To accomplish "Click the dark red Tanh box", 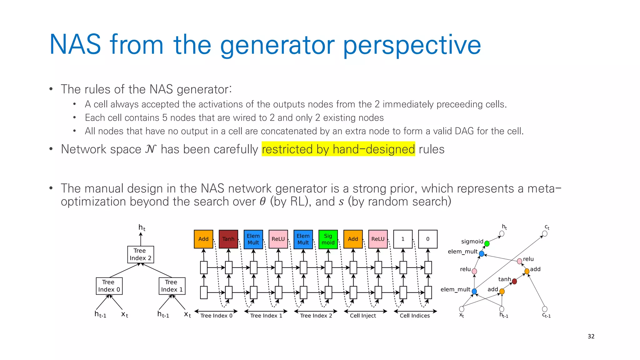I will point(228,239).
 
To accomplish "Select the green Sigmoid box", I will point(328,239).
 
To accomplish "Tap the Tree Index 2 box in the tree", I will point(140,254).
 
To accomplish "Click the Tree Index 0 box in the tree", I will point(109,286).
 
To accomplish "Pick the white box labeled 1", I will point(402,239).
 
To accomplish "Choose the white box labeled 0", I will point(427,239).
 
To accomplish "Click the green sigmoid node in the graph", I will point(487,243).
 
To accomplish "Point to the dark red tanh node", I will point(514,281).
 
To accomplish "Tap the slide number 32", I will point(591,336).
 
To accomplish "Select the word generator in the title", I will point(277,45).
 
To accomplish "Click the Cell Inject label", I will point(362,316).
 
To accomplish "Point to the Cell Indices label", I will point(414,316).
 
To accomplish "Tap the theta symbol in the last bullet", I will point(262,202).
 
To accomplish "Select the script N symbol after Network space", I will point(151,149).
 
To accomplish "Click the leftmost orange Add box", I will point(203,239).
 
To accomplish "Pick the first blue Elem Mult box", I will point(253,239).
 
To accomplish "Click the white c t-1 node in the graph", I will point(544,309).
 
